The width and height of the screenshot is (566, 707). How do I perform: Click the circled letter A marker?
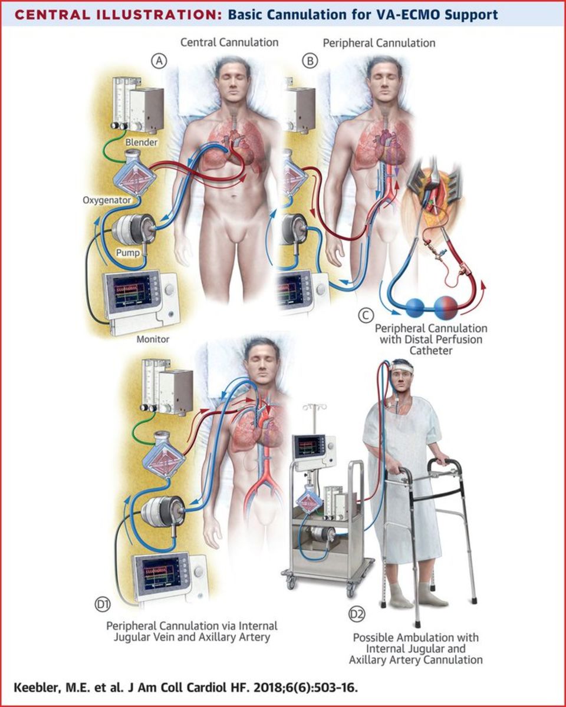[x=159, y=61]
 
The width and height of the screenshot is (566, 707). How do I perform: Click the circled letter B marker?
[x=310, y=61]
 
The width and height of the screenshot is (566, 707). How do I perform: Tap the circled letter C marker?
[x=366, y=315]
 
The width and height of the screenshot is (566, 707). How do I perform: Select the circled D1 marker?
[x=103, y=604]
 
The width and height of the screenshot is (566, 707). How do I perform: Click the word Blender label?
[x=141, y=142]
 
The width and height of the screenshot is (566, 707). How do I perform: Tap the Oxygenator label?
[x=107, y=200]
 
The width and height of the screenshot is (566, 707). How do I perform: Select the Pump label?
[x=128, y=253]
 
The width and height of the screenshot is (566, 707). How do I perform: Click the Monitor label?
[x=153, y=339]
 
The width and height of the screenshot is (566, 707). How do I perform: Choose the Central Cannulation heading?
[x=229, y=42]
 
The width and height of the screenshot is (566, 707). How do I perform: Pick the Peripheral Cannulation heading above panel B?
[x=379, y=43]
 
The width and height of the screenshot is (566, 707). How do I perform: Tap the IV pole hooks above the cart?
[x=315, y=407]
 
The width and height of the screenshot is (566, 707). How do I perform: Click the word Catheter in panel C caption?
[x=431, y=351]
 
